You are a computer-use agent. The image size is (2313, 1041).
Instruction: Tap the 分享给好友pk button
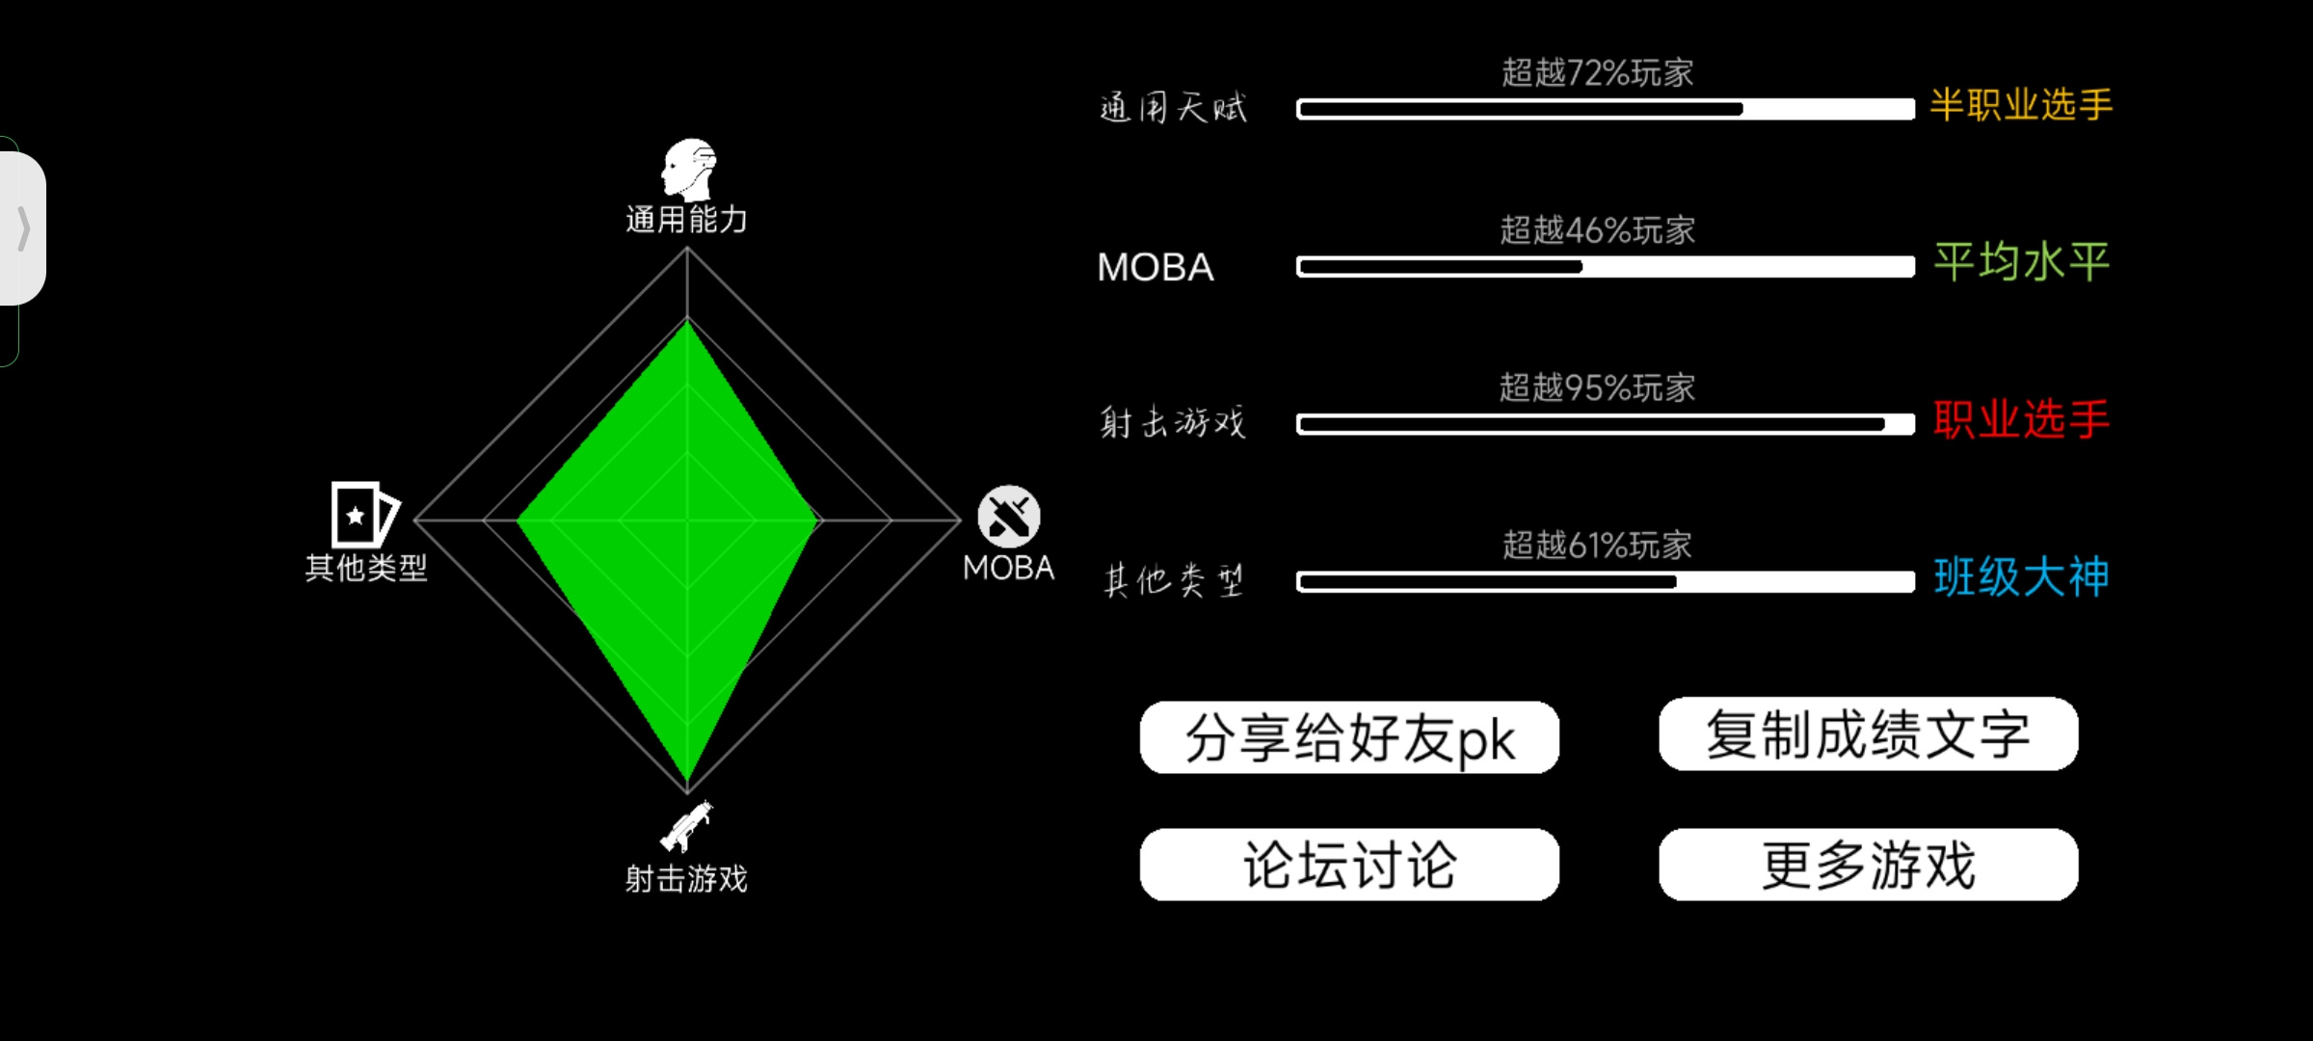[x=1349, y=737]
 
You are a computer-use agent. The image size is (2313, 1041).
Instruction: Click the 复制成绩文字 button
[x=1868, y=734]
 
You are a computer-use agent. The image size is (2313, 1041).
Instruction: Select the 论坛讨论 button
[x=1349, y=865]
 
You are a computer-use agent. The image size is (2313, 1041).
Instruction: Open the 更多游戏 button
[x=1868, y=865]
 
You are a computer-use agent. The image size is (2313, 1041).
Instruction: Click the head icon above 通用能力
[x=688, y=170]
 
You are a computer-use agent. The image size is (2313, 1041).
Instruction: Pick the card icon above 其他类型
[x=364, y=515]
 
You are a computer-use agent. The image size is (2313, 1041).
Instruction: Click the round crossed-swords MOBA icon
[x=1009, y=517]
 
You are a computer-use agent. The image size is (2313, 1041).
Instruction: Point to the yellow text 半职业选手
[x=2021, y=105]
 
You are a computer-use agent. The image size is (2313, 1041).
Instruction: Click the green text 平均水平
[x=2021, y=262]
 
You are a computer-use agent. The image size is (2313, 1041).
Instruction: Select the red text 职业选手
[x=2021, y=420]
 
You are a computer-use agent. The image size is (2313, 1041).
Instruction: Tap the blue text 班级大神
[x=2021, y=577]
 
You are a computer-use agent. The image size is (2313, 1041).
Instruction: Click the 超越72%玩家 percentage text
[x=1597, y=73]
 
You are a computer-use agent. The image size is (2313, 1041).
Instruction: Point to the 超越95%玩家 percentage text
[x=1597, y=388]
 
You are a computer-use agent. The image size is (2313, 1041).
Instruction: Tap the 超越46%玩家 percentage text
[x=1597, y=230]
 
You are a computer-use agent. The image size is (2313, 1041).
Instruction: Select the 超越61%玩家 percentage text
[x=1597, y=546]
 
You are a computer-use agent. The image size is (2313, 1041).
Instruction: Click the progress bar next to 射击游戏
[x=1605, y=424]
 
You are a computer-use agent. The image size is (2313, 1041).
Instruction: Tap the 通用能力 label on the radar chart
[x=686, y=220]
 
